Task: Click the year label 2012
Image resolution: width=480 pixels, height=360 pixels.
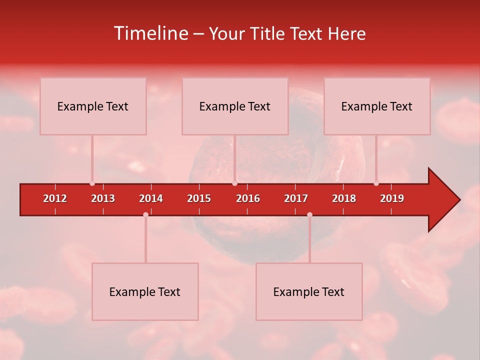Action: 55,198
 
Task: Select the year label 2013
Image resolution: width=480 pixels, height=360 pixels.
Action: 103,198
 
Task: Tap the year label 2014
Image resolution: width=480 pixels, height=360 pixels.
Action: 151,198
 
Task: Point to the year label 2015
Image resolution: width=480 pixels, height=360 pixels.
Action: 199,198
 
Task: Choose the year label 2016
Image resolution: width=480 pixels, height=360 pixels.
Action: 248,198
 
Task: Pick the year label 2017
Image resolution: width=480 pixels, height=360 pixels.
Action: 296,198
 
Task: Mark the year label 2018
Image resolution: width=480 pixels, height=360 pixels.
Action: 344,198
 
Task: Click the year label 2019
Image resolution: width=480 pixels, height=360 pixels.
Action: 392,198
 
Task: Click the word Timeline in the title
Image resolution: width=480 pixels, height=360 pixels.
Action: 151,33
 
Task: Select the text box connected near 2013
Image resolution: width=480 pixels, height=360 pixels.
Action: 93,106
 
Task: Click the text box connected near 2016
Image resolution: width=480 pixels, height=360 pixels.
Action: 235,106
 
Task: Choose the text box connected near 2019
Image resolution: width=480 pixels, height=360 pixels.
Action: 377,106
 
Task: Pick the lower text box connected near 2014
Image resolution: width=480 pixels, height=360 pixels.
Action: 145,291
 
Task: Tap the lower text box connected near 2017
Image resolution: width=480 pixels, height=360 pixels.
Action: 309,291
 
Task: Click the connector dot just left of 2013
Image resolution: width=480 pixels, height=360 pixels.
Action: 92,183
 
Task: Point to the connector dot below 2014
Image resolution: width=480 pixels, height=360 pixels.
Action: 145,214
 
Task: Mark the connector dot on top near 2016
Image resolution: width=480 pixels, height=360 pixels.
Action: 234,183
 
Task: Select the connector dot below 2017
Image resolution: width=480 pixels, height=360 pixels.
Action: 309,214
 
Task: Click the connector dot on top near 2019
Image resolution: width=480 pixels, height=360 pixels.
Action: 376,183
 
